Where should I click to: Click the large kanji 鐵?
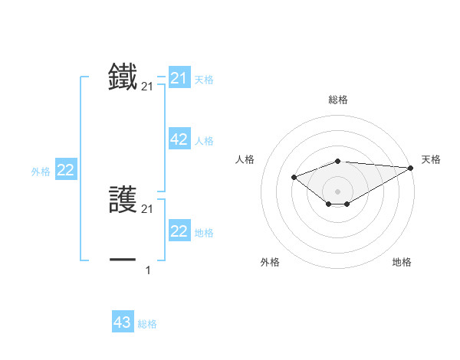click(x=123, y=77)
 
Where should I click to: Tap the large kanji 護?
click(x=123, y=201)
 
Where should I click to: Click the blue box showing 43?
click(x=123, y=322)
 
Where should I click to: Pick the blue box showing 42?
click(x=179, y=139)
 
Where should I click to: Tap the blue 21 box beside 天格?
click(x=179, y=78)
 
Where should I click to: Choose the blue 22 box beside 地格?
click(x=179, y=231)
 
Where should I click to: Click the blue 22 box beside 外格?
click(x=66, y=170)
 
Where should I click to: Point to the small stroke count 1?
click(x=147, y=270)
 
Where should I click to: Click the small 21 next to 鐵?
click(x=147, y=88)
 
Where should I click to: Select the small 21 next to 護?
click(x=147, y=209)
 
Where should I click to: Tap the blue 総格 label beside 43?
click(x=147, y=324)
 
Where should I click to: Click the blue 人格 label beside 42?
click(x=204, y=141)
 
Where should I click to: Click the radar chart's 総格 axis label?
click(x=338, y=100)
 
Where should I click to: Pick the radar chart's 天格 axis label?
click(x=431, y=159)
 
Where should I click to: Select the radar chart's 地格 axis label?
click(x=402, y=262)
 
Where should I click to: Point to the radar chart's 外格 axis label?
click(x=270, y=262)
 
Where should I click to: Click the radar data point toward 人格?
click(x=294, y=177)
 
